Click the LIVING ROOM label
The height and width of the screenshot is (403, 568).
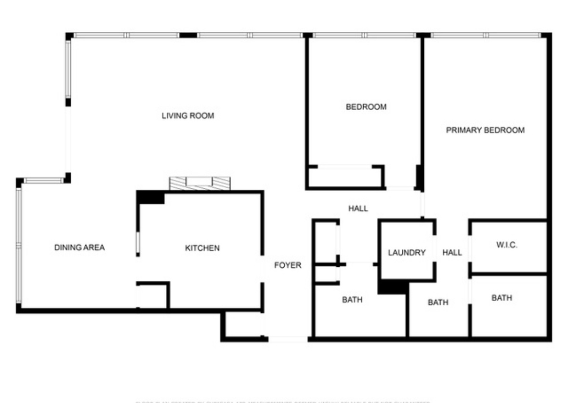click(187, 116)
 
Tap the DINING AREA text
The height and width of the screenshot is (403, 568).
click(79, 247)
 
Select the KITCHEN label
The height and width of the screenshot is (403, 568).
click(202, 248)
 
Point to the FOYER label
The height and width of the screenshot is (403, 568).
click(288, 265)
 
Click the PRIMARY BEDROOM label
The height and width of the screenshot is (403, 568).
click(485, 130)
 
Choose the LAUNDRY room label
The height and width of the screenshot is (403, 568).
click(407, 252)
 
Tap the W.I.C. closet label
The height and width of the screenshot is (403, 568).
click(507, 245)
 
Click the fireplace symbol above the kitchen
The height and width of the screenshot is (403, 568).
click(199, 183)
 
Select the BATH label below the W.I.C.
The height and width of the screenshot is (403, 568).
click(502, 298)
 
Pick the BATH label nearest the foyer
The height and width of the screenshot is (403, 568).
click(352, 299)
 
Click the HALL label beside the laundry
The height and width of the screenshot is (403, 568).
click(452, 252)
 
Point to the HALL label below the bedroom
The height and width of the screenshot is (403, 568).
click(358, 208)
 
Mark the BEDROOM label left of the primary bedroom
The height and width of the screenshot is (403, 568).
click(366, 107)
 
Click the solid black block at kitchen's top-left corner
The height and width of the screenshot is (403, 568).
click(150, 197)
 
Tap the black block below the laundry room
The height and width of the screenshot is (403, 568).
click(393, 287)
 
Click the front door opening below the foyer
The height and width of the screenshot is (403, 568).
click(288, 339)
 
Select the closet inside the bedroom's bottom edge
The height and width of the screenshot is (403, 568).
click(345, 177)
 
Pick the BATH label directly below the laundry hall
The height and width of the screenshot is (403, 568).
click(438, 302)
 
